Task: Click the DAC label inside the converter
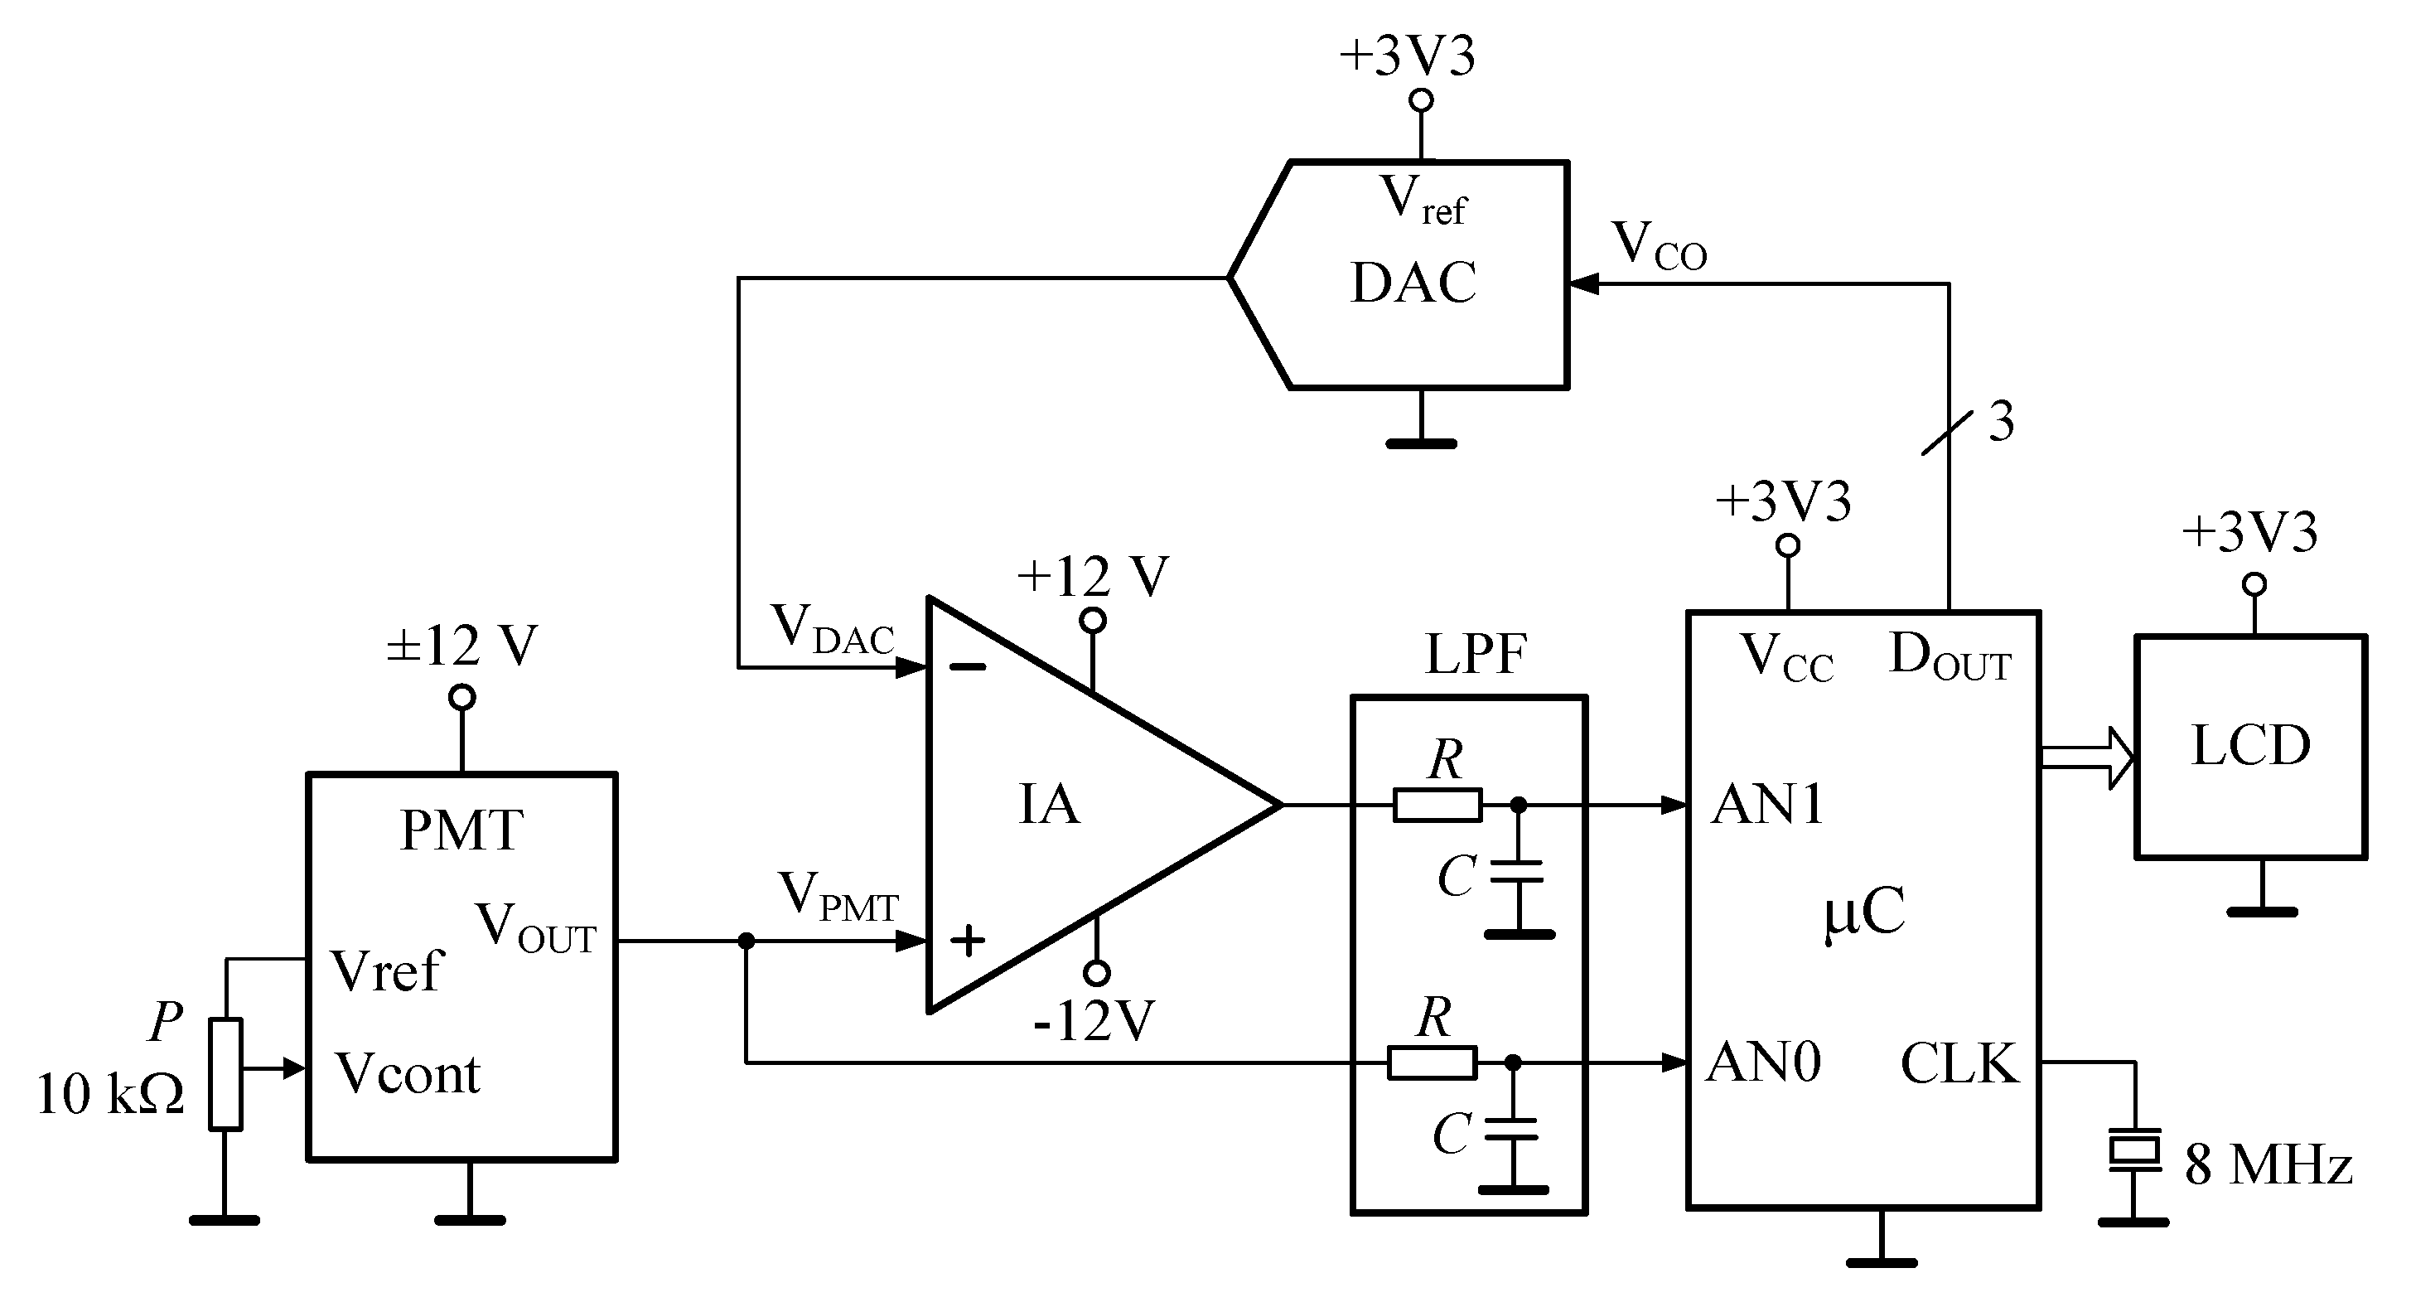coord(1413,283)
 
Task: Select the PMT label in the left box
coord(461,830)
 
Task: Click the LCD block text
coord(2250,746)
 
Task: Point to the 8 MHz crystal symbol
coord(2135,1150)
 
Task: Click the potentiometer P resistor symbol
coord(225,1073)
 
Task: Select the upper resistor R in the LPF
coord(1437,805)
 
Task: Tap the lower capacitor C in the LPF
coord(1513,1130)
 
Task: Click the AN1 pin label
coord(1767,804)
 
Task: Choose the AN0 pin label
coord(1763,1062)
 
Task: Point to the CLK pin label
coord(1959,1063)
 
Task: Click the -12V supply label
coord(1093,1021)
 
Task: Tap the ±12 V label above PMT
coord(461,645)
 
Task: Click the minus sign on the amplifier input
coord(968,667)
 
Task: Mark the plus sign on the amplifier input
coord(968,940)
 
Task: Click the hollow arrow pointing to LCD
coord(2087,757)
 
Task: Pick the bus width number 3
coord(2000,422)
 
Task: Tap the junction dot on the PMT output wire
coord(746,941)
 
